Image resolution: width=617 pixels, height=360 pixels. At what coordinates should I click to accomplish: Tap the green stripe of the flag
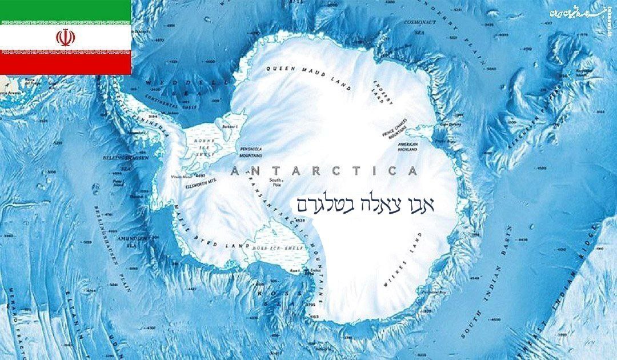[x=65, y=11]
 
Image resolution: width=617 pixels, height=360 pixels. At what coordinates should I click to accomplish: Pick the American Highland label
[x=408, y=146]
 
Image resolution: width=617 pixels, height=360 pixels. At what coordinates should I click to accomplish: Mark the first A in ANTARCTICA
[x=234, y=171]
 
